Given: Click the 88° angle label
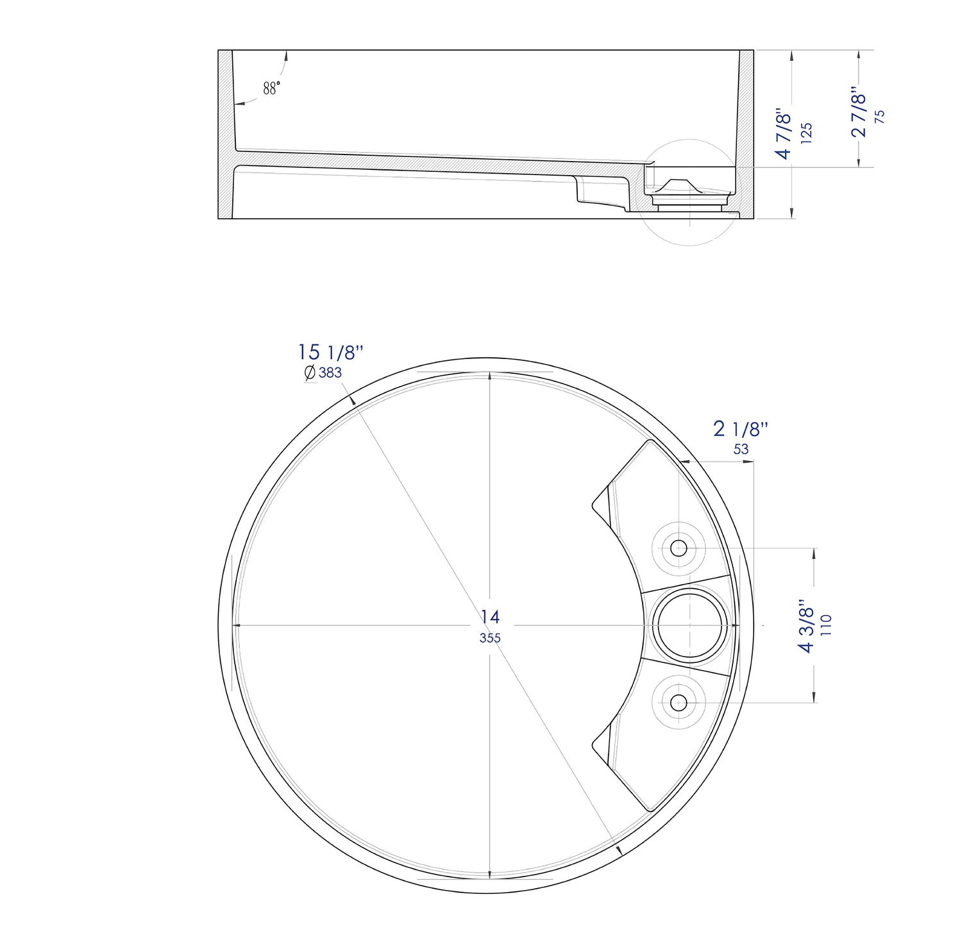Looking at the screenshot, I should [271, 88].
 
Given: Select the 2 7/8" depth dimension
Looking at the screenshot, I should [858, 112].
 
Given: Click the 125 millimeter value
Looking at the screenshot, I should [807, 133].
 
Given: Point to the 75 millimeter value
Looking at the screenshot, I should [880, 116].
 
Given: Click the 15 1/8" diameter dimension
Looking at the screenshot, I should [330, 353].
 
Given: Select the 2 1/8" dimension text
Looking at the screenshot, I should [741, 429].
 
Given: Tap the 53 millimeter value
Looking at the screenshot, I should [741, 449].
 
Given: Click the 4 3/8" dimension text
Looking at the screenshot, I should [806, 626].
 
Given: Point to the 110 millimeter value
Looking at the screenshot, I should [826, 625].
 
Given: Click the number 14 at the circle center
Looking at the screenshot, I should [490, 617].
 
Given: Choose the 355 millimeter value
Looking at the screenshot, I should [490, 638].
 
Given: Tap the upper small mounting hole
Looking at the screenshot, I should [679, 548].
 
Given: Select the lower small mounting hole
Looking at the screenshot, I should [679, 703].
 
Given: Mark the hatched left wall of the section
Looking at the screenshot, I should [225, 135].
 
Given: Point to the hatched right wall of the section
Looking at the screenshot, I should [745, 128].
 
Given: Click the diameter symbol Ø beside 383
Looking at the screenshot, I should [310, 373].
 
